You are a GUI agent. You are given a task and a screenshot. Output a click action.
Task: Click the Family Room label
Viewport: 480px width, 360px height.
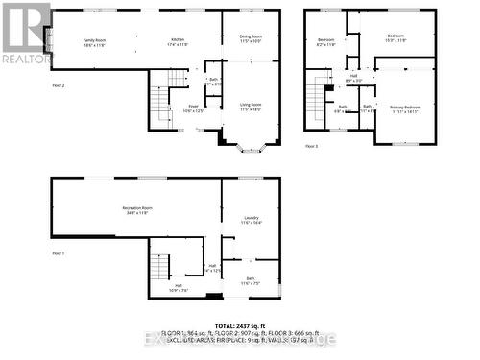(x=93, y=41)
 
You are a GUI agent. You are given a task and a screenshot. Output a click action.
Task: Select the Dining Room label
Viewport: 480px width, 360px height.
(x=251, y=38)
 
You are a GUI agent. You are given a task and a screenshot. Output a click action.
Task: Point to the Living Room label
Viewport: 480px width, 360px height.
(x=251, y=106)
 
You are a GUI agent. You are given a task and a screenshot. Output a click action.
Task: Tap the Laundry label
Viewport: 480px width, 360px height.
(x=252, y=220)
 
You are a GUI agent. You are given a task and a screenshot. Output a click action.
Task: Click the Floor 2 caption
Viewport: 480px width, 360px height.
(x=59, y=86)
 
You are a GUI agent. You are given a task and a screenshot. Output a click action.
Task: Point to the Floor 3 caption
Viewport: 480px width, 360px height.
(x=311, y=146)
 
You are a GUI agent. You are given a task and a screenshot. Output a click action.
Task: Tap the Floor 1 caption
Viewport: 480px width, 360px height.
(x=59, y=252)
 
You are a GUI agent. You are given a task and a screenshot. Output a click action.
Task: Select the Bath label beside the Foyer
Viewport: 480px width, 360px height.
(x=213, y=82)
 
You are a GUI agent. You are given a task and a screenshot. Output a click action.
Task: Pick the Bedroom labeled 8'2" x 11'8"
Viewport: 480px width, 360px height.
(x=324, y=41)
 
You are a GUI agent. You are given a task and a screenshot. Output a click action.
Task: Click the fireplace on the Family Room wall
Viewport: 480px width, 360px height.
(x=48, y=40)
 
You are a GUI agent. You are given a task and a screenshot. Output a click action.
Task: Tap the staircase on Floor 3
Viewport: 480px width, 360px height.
(x=317, y=107)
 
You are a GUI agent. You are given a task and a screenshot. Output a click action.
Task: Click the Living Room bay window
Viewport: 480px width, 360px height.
(x=251, y=146)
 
